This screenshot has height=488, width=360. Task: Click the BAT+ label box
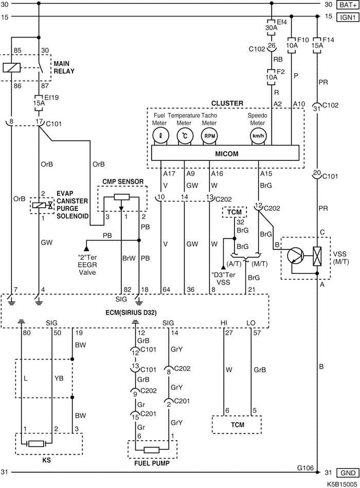pyautogui.click(x=347, y=5)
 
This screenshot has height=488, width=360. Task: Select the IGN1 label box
pyautogui.click(x=347, y=16)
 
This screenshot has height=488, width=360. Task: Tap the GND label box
pyautogui.click(x=347, y=473)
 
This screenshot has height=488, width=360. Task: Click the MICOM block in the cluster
pyautogui.click(x=225, y=153)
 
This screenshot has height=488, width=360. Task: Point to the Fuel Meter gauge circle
pyautogui.click(x=160, y=136)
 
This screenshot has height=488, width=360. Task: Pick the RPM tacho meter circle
pyautogui.click(x=209, y=136)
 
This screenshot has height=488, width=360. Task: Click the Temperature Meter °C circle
pyautogui.click(x=185, y=136)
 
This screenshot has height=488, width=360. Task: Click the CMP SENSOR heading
pyautogui.click(x=123, y=181)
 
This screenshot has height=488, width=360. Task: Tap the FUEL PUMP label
pyautogui.click(x=152, y=463)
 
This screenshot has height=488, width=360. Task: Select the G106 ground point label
pyautogui.click(x=305, y=467)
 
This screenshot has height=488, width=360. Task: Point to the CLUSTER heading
pyautogui.click(x=226, y=103)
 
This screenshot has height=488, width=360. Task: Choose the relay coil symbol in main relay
pyautogui.click(x=11, y=67)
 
